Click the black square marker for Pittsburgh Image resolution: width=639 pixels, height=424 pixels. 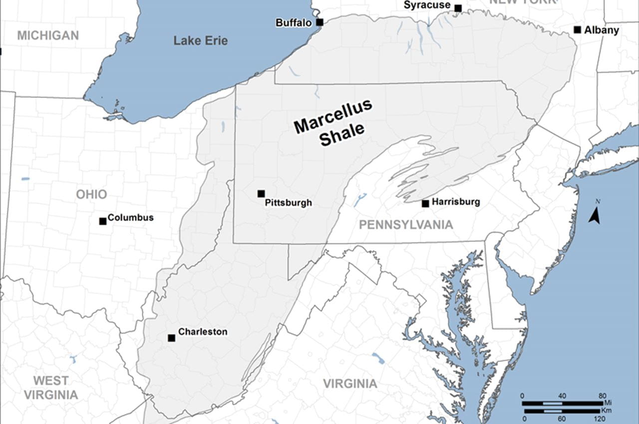(261, 193)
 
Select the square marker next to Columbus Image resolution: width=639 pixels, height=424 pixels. (103, 221)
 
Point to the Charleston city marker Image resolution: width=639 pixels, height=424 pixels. (171, 338)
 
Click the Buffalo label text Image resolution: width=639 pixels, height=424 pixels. (294, 23)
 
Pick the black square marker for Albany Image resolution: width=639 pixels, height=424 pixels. (577, 30)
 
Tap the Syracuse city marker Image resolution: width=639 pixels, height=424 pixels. (458, 8)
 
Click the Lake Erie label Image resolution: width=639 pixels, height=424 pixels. (200, 41)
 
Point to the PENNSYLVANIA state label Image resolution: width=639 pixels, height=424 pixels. (406, 225)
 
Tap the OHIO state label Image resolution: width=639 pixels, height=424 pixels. (91, 194)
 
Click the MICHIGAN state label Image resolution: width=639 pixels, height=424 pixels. (48, 35)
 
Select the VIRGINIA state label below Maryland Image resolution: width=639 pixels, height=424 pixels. (349, 384)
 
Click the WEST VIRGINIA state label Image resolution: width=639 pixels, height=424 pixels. (51, 387)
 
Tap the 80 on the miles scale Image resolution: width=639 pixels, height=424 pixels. (602, 396)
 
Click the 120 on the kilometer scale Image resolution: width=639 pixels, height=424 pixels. (601, 418)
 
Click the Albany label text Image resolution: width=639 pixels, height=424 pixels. (602, 30)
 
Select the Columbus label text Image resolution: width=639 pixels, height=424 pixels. (130, 217)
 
